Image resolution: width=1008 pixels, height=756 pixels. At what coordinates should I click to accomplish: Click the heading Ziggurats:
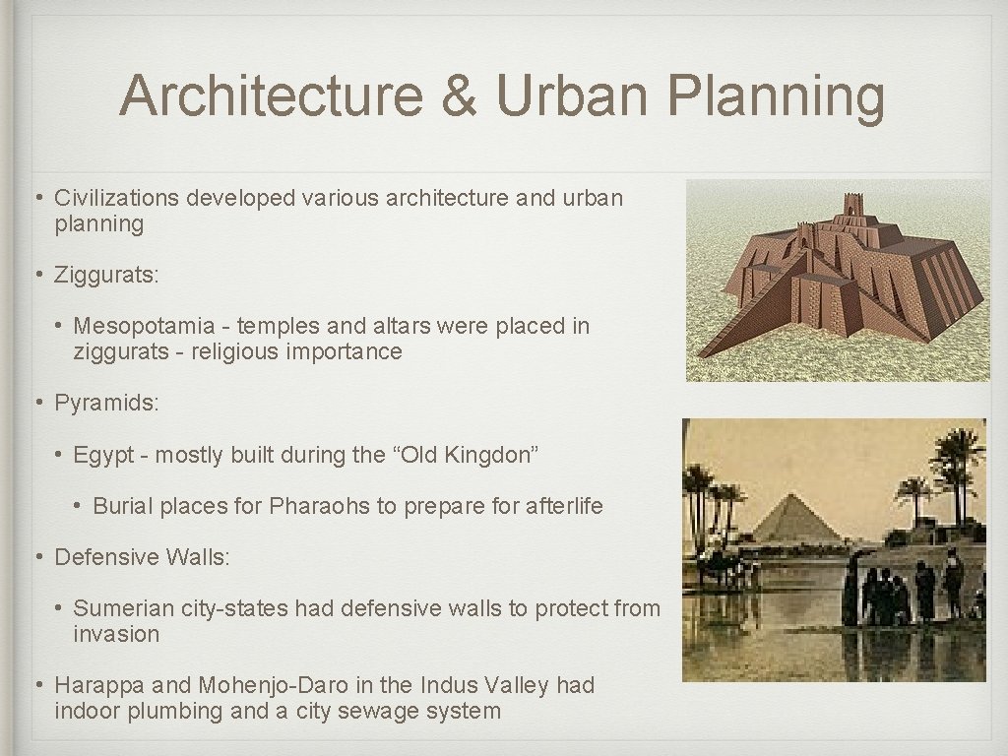point(106,275)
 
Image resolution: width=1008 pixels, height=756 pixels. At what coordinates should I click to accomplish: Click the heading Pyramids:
point(105,403)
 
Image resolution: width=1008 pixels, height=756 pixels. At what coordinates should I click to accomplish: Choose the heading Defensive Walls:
point(142,557)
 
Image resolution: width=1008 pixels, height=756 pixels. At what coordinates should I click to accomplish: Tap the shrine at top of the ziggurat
point(850,207)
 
